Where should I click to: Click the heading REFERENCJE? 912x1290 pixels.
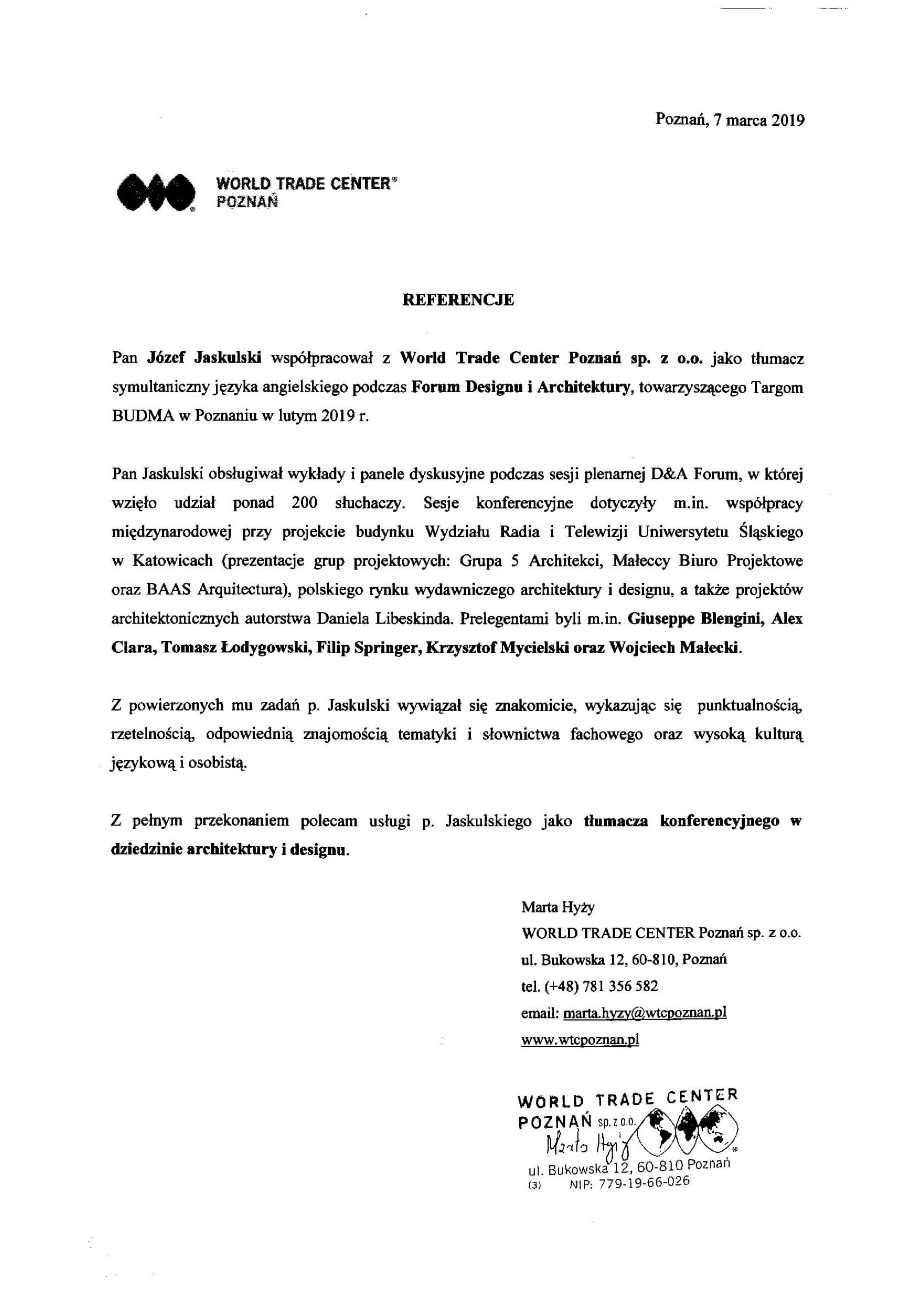(x=458, y=300)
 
